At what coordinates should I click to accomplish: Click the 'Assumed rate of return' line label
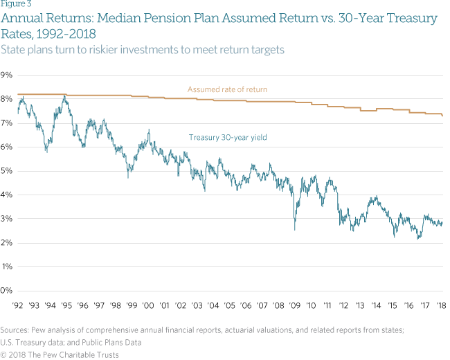pyautogui.click(x=227, y=89)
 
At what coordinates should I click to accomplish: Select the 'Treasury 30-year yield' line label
pyautogui.click(x=228, y=137)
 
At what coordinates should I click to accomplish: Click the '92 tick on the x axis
pyautogui.click(x=19, y=305)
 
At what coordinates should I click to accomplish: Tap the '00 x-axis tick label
pyautogui.click(x=148, y=305)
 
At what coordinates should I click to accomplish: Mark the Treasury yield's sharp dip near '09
pyautogui.click(x=294, y=228)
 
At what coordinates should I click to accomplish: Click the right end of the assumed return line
pyautogui.click(x=442, y=115)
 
